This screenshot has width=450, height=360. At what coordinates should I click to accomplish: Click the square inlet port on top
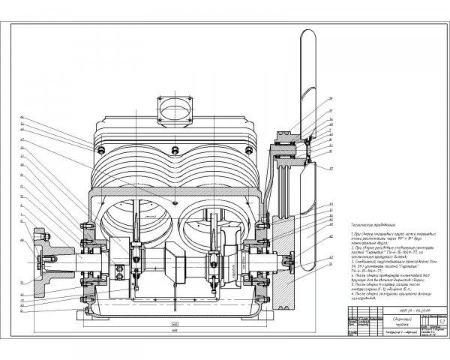point(172,105)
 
